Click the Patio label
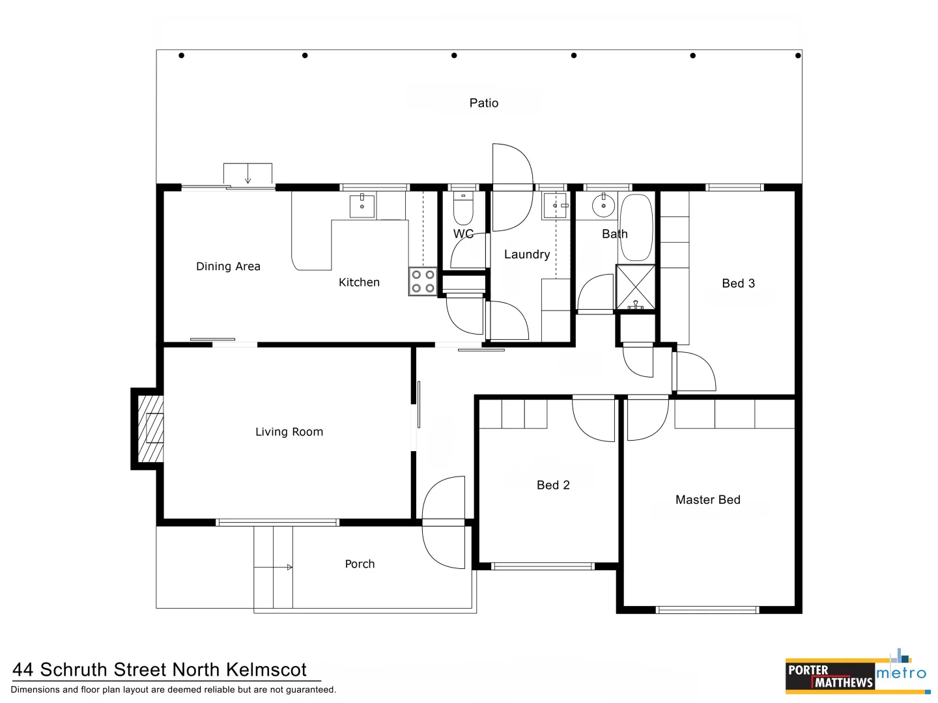tap(483, 103)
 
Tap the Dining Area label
tap(228, 266)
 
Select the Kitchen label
tap(359, 282)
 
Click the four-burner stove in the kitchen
tap(423, 281)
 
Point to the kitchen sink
tap(362, 206)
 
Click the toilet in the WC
tap(463, 208)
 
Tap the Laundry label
tap(526, 255)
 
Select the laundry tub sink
tap(556, 206)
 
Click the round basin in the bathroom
tap(603, 206)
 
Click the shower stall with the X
tap(635, 287)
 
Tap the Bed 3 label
tap(738, 283)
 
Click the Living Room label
tap(289, 432)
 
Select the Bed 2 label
tap(553, 485)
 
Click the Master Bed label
tap(707, 500)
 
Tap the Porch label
tap(360, 564)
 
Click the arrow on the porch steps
tap(289, 568)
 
